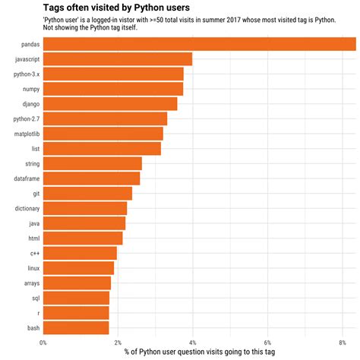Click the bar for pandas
point(199,45)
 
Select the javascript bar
point(117,59)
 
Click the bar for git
point(87,193)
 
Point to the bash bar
point(76,327)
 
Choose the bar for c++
point(80,253)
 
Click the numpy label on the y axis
point(30,89)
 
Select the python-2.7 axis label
point(27,119)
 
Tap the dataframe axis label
point(27,178)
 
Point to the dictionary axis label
point(27,208)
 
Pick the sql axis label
point(35,298)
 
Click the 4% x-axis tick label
point(193,342)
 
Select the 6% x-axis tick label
point(267,342)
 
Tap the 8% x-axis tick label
point(343,342)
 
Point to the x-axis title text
point(199,352)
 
